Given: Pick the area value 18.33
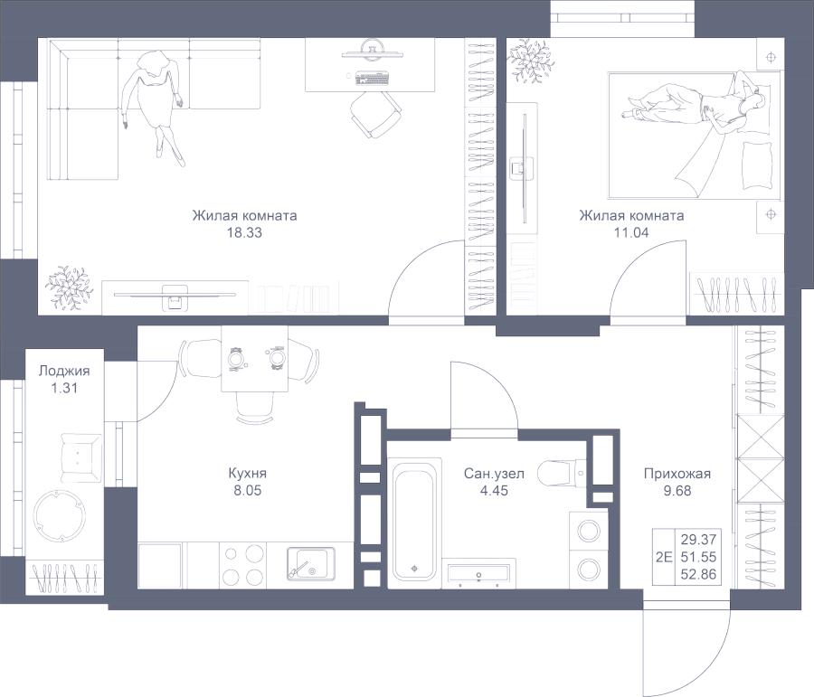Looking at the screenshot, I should click(244, 232).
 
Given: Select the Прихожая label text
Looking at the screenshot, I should click(677, 474).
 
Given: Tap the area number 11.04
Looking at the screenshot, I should click(630, 232).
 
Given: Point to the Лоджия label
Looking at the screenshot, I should click(63, 371).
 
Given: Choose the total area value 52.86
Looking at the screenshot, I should click(700, 573).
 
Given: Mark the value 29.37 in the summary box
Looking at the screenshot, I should click(700, 538).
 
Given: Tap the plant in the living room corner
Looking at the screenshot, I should click(68, 287).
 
